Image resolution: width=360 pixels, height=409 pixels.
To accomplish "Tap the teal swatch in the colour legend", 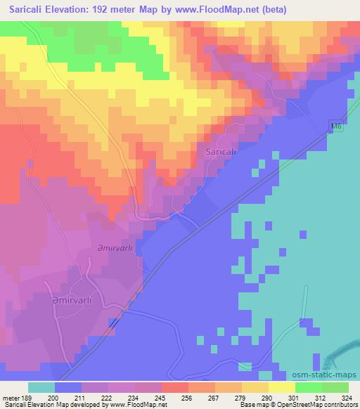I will pyautogui.click(x=41, y=387).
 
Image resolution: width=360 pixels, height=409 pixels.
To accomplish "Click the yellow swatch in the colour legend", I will pyautogui.click(x=281, y=387).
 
